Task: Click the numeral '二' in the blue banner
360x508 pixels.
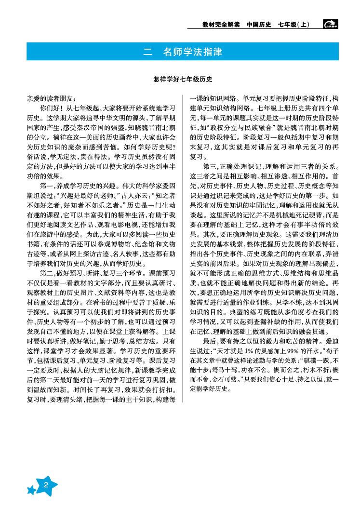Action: (x=147, y=51)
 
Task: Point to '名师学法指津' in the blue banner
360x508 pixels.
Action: (x=193, y=51)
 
